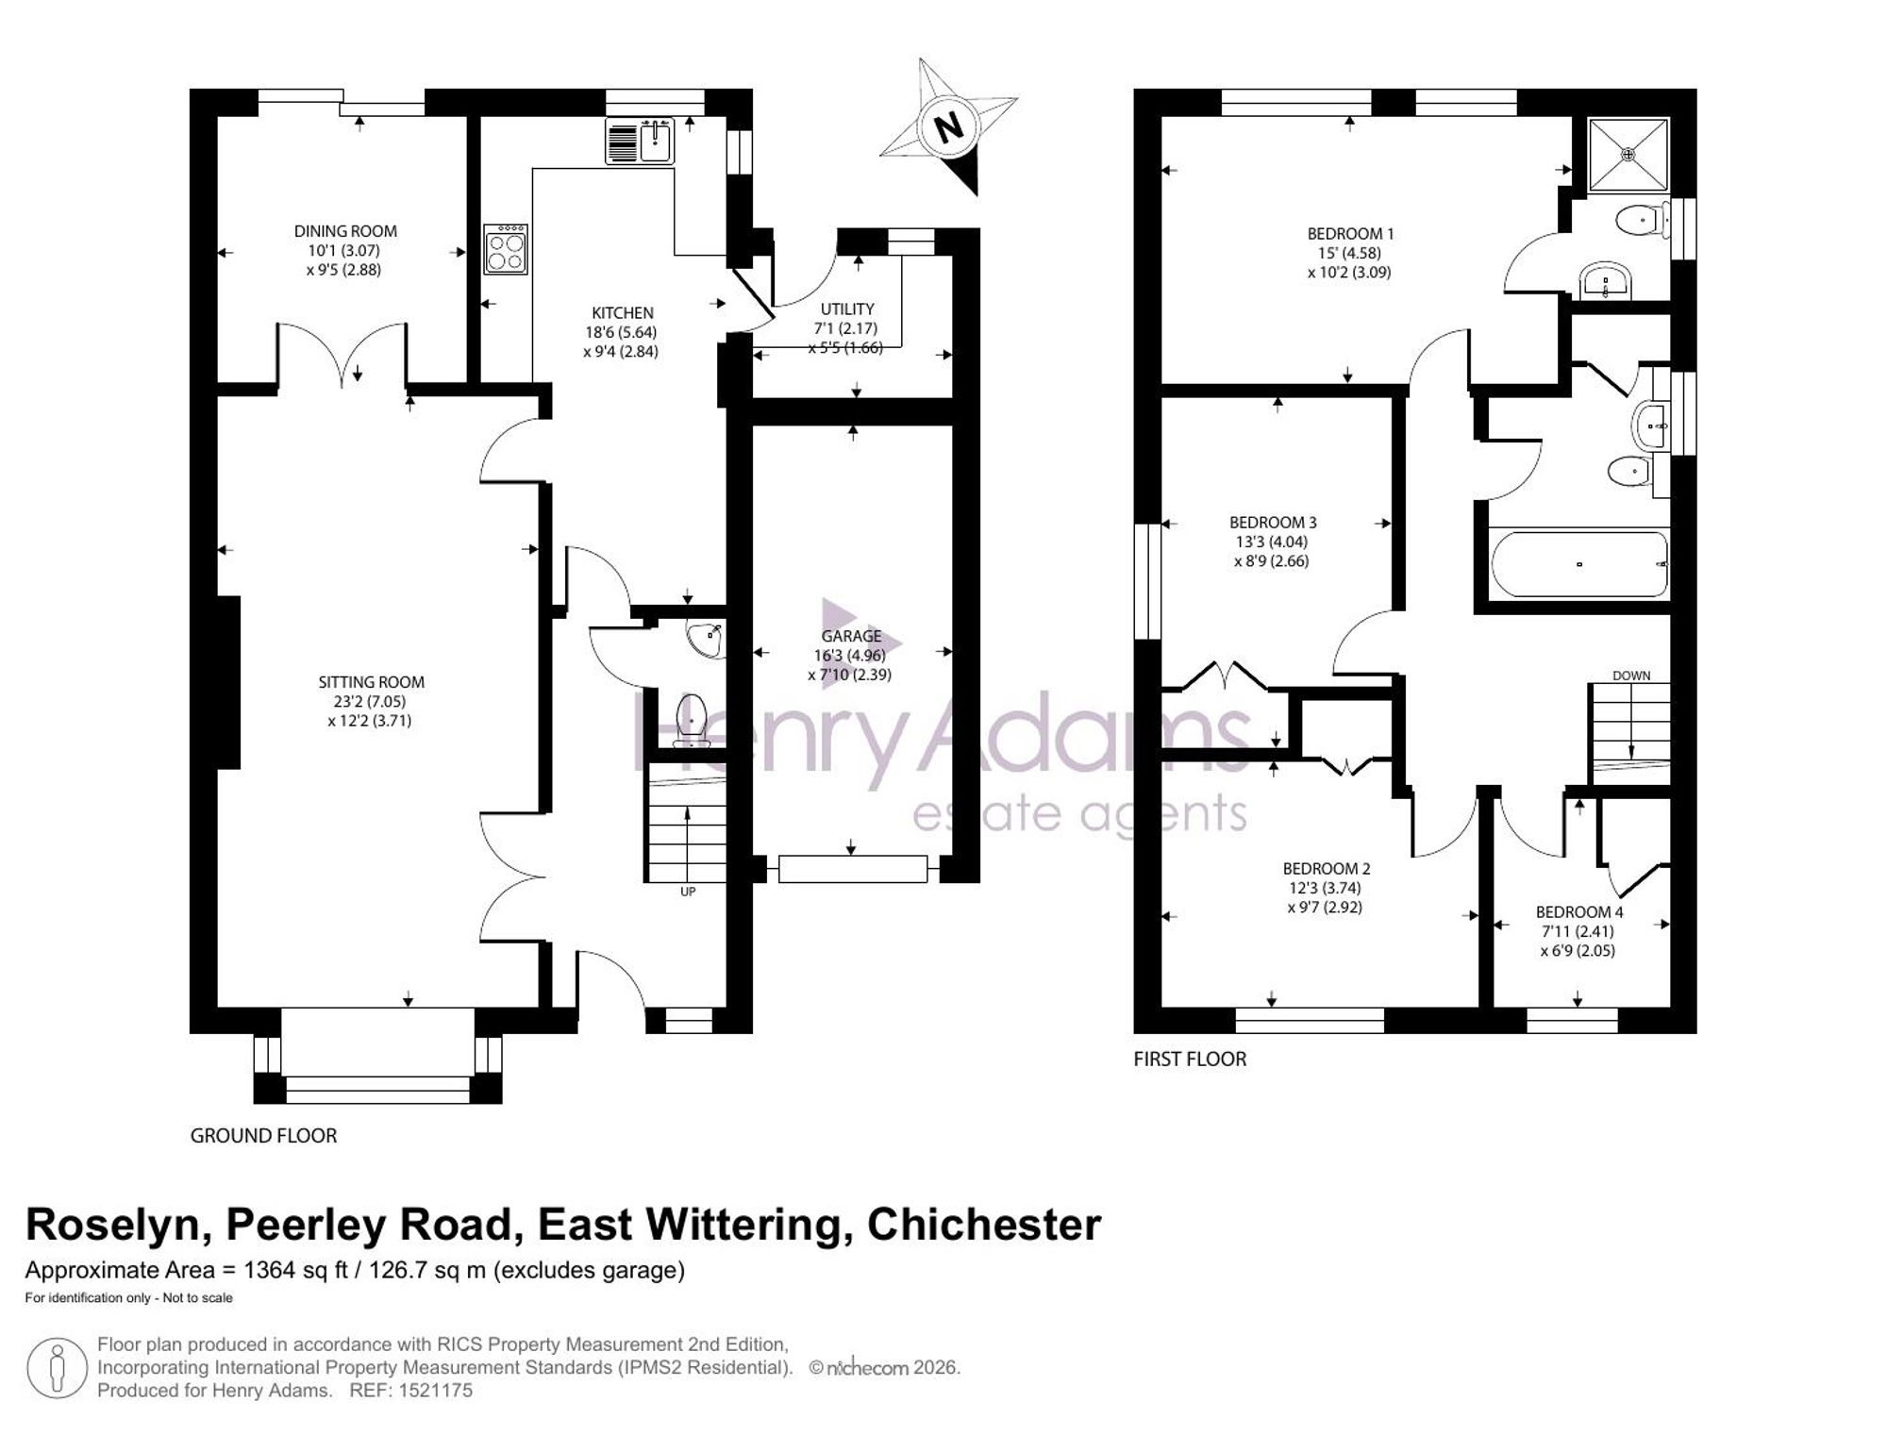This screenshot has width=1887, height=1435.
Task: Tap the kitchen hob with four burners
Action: (x=506, y=249)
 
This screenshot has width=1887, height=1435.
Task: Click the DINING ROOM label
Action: (x=345, y=231)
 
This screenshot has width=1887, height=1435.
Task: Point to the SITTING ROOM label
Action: (x=371, y=682)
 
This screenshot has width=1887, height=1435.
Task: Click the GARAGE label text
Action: (x=851, y=636)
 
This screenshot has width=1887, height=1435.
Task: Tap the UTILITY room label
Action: (x=847, y=309)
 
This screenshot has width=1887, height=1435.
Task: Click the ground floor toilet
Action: (x=693, y=721)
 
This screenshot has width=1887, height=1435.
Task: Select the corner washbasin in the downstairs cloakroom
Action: (x=707, y=639)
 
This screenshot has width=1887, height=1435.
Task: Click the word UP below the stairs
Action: (x=688, y=892)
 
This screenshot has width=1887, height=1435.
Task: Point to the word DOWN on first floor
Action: (x=1631, y=676)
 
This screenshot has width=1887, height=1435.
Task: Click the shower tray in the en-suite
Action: (x=1628, y=153)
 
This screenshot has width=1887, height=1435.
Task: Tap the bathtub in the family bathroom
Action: (x=1578, y=564)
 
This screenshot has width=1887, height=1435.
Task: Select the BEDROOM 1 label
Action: (x=1350, y=234)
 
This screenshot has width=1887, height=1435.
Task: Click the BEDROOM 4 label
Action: (x=1579, y=912)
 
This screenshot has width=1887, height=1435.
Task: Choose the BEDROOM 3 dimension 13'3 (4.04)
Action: (x=1272, y=542)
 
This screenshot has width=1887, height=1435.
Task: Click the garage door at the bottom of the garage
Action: (x=853, y=869)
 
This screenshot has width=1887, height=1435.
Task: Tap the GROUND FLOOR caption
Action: (x=263, y=1136)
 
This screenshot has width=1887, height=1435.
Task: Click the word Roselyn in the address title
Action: (x=112, y=1226)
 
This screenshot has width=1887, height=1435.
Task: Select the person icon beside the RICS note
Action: (x=58, y=1367)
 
